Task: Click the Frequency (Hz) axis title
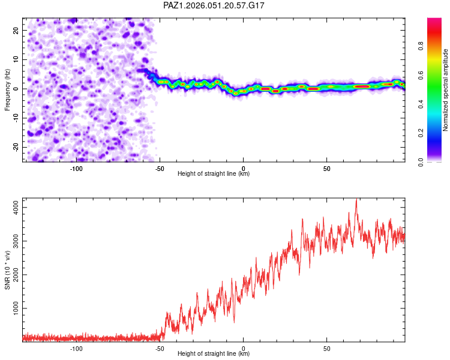click(x=7, y=90)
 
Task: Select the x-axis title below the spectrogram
click(x=214, y=174)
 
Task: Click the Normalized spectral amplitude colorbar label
click(x=446, y=90)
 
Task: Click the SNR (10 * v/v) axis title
click(x=7, y=270)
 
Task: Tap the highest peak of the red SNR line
click(x=356, y=199)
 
